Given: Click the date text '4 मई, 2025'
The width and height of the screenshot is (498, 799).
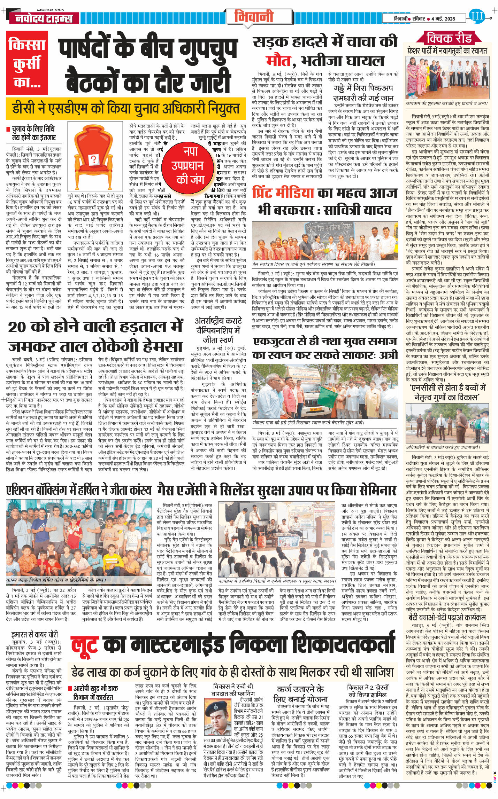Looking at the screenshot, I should point(443,19).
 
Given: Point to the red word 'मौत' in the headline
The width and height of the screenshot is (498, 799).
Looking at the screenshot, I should point(278,61).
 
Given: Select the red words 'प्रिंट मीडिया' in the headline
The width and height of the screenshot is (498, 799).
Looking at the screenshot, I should point(283,193).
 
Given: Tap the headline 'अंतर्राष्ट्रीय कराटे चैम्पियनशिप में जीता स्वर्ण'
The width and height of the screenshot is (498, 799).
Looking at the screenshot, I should point(218,330).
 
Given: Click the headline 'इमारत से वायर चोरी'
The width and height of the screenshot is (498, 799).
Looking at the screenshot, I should point(35,634).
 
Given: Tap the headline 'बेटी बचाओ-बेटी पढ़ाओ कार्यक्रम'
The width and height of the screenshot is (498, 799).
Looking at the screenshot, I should point(447,617).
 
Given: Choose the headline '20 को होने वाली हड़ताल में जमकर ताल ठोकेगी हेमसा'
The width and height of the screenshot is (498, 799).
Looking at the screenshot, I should point(95,336).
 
